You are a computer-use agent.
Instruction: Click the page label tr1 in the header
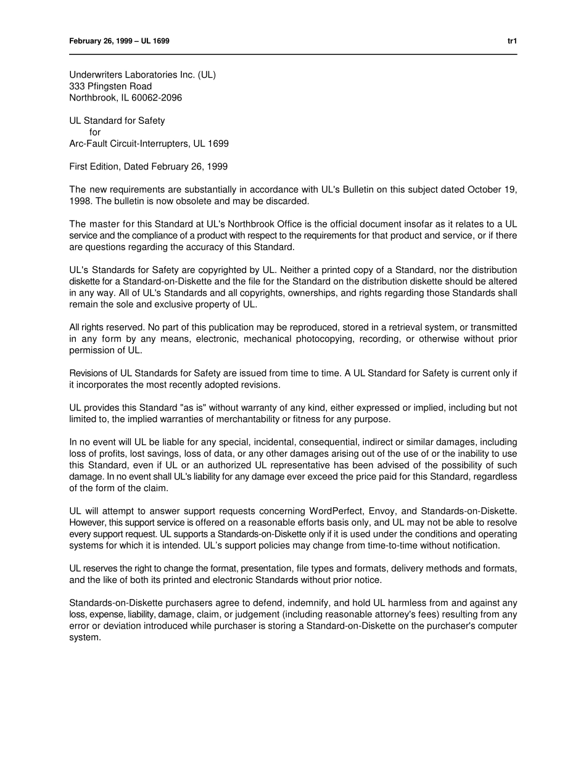511,41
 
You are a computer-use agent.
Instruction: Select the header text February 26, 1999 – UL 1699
119,41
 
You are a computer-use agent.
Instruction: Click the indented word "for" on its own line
94,132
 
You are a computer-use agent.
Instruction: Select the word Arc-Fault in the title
88,144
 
